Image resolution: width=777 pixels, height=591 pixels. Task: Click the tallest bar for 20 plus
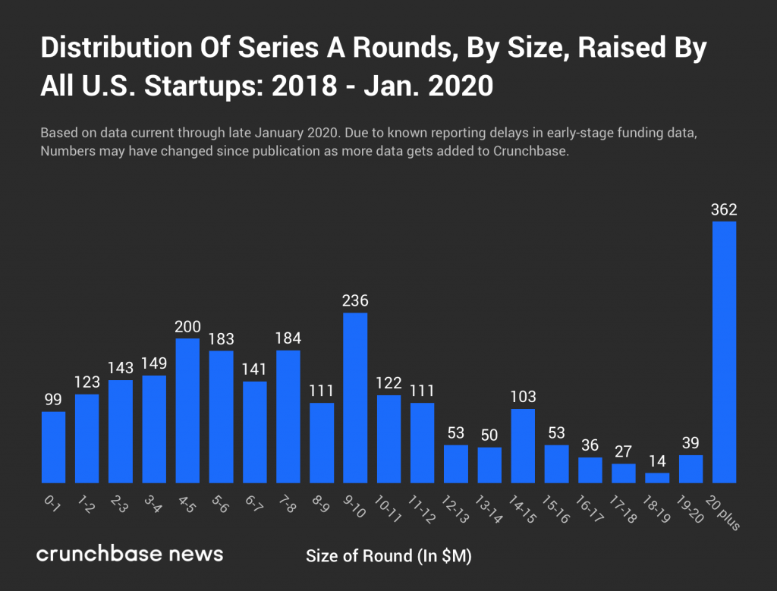click(x=724, y=352)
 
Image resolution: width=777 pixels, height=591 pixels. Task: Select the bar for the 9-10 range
click(x=355, y=398)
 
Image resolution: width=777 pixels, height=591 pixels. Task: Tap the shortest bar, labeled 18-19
click(x=657, y=478)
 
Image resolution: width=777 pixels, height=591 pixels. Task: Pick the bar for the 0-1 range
click(x=53, y=447)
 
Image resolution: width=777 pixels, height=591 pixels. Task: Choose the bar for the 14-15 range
click(x=523, y=445)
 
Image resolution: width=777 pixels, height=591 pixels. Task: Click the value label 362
click(x=724, y=210)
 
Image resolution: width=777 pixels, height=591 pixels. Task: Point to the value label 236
click(x=355, y=301)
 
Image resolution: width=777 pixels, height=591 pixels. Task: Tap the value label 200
click(x=187, y=327)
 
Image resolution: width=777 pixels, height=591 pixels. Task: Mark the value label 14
click(x=657, y=461)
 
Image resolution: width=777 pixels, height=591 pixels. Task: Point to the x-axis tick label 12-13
click(x=456, y=507)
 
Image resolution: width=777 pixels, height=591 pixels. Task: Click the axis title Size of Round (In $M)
click(x=388, y=556)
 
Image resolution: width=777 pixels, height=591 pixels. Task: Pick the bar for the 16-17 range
click(x=590, y=470)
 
